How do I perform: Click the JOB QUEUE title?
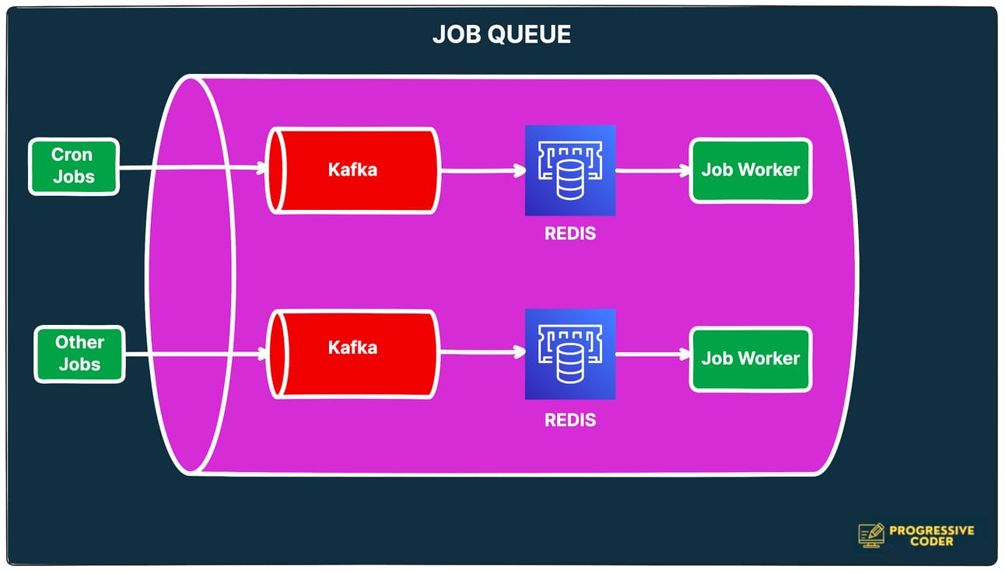click(x=502, y=34)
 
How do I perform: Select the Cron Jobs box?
click(x=74, y=166)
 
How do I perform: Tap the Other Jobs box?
click(x=79, y=354)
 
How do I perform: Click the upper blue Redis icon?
click(x=570, y=170)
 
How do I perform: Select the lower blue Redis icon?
click(x=570, y=354)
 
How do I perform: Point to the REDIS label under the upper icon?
click(x=570, y=233)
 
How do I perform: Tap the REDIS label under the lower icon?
click(x=570, y=421)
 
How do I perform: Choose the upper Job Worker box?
click(x=751, y=170)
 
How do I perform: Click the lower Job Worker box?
click(x=751, y=358)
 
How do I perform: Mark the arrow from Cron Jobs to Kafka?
click(x=191, y=167)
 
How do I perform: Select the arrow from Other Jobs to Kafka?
click(x=194, y=355)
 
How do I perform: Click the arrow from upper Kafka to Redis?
click(x=482, y=171)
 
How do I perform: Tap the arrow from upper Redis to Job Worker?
click(x=652, y=170)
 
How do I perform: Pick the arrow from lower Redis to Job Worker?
click(x=652, y=355)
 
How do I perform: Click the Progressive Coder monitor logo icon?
click(x=871, y=534)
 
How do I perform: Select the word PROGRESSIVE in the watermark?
click(x=931, y=529)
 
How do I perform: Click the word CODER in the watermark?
click(x=931, y=541)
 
